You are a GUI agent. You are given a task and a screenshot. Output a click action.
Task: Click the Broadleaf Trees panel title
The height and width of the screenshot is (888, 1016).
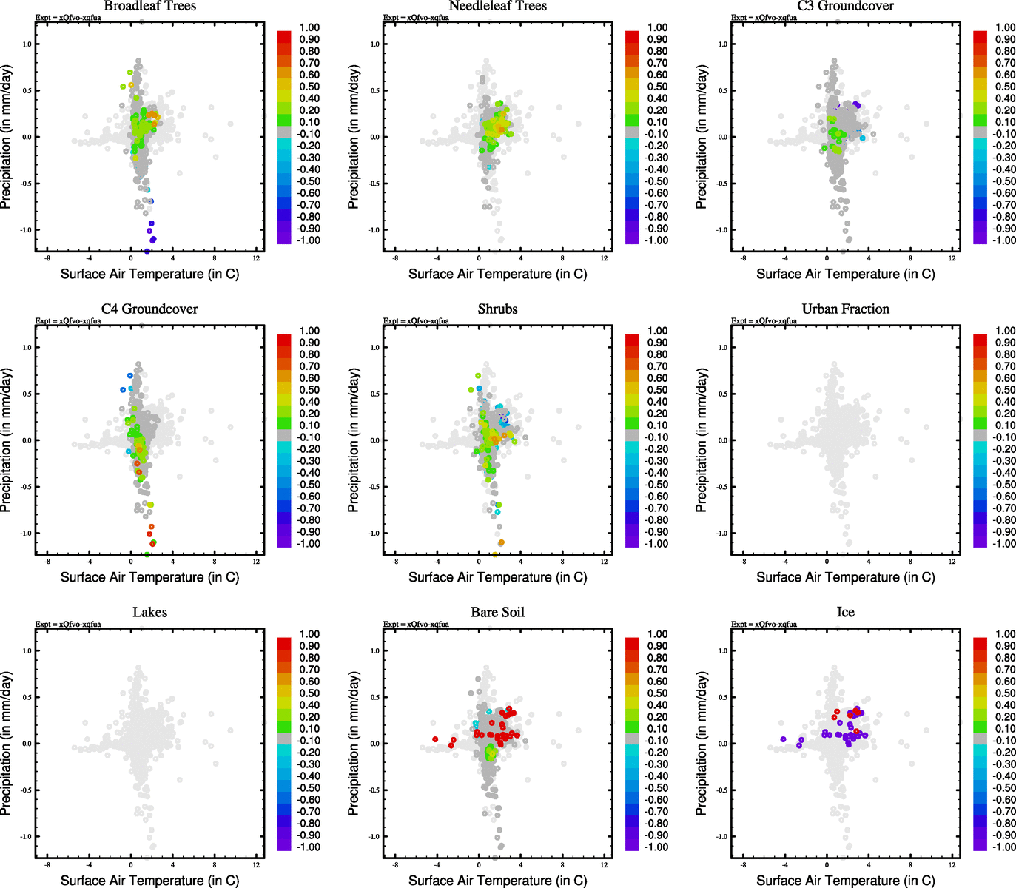[149, 7]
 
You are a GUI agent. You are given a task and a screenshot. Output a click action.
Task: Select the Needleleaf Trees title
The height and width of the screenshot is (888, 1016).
[497, 7]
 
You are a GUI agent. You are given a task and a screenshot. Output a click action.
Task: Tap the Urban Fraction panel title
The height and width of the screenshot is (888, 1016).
[845, 309]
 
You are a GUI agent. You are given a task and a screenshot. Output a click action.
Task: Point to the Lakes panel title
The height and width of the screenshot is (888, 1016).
[149, 613]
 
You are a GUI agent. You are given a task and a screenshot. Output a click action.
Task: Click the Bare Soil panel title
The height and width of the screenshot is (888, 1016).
[497, 613]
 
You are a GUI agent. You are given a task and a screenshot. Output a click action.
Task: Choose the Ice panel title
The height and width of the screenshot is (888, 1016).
[845, 613]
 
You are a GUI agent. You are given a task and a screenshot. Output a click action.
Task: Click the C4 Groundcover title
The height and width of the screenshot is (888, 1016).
[149, 309]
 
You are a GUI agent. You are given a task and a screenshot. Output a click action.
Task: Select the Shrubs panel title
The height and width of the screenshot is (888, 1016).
[497, 309]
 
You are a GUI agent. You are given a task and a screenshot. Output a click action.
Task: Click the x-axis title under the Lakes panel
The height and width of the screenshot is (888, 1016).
[149, 881]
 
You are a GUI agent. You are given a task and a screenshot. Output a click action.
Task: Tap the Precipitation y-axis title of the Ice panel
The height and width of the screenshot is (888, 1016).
[702, 744]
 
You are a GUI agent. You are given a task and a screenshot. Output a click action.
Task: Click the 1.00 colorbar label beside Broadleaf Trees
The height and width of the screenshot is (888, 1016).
[309, 27]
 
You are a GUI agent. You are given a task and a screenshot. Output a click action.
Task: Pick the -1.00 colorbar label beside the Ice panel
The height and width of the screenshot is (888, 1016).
[1004, 847]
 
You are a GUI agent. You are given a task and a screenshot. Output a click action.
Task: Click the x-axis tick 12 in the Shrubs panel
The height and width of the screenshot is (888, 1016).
[605, 562]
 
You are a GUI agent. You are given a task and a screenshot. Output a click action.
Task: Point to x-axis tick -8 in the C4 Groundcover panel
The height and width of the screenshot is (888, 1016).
[47, 562]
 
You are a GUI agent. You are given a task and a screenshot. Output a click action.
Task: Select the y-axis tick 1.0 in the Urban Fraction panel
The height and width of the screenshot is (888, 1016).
[722, 347]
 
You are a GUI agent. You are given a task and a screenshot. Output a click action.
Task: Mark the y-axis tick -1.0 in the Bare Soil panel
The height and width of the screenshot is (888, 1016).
[374, 837]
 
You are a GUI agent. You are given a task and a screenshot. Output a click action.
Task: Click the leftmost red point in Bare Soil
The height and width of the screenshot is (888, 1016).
[436, 739]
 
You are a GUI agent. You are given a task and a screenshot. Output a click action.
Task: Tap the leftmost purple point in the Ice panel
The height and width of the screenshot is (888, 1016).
[783, 739]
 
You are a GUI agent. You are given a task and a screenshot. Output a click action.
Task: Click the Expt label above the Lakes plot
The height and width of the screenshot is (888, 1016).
[68, 625]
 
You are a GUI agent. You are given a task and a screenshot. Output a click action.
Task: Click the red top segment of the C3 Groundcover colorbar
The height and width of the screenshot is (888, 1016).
[980, 35]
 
